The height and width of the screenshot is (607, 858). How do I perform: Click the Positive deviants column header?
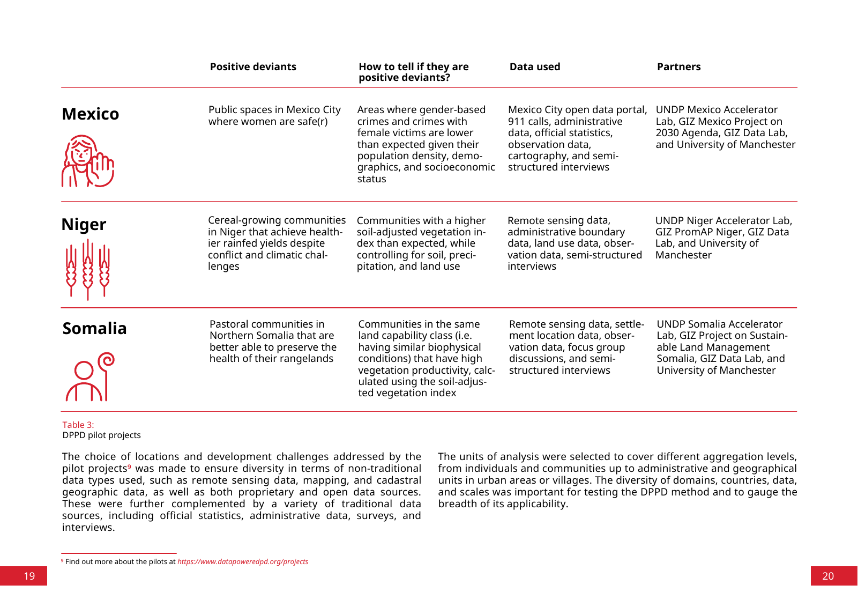pyautogui.click(x=253, y=67)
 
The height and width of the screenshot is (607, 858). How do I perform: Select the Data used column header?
pyautogui.click(x=534, y=67)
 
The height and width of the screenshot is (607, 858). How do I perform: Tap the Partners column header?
pyautogui.click(x=678, y=67)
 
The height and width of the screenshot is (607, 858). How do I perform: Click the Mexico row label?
pyautogui.click(x=91, y=114)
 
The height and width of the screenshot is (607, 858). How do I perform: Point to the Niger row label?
pyautogui.click(x=84, y=224)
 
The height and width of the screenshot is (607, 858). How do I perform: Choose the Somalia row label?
pyautogui.click(x=94, y=328)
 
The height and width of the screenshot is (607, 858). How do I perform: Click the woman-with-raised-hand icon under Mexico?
pyautogui.click(x=88, y=161)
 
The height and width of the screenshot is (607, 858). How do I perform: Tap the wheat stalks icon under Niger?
pyautogui.click(x=88, y=269)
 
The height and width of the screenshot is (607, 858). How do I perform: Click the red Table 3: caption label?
pyautogui.click(x=78, y=425)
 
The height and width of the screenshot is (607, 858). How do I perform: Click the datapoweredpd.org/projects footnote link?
pyautogui.click(x=243, y=561)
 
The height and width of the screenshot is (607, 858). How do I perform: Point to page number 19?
pyautogui.click(x=29, y=576)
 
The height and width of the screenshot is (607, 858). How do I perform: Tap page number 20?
pyautogui.click(x=828, y=576)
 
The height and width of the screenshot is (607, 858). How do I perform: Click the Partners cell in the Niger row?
pyautogui.click(x=723, y=238)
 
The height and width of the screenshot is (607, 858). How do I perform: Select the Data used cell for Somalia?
pyautogui.click(x=576, y=347)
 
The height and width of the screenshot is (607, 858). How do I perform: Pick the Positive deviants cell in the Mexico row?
pyautogui.click(x=274, y=115)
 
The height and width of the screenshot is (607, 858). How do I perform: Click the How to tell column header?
pyautogui.click(x=413, y=72)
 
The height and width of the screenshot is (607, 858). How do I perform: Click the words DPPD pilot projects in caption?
pyautogui.click(x=101, y=435)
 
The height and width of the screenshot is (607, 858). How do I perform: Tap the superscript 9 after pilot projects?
pyautogui.click(x=129, y=466)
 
